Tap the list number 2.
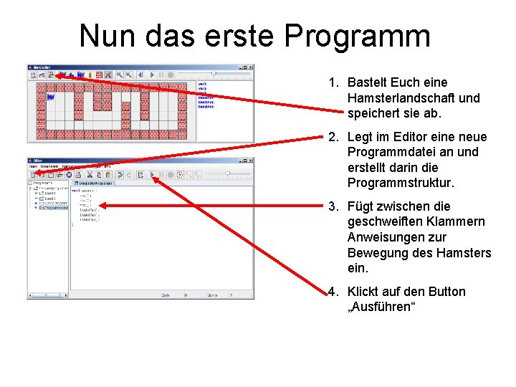(333, 137)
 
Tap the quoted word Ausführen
(381, 307)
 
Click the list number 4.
(333, 292)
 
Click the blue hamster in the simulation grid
(51, 96)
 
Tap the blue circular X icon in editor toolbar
(70, 174)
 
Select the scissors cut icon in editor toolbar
(89, 174)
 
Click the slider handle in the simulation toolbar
(213, 73)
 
